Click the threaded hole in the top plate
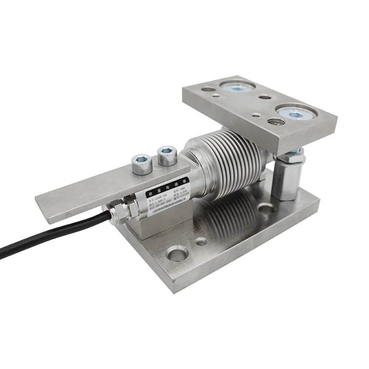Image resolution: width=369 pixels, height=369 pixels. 276,122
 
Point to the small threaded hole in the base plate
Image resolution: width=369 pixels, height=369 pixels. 201,241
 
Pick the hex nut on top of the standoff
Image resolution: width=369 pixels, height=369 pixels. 292,156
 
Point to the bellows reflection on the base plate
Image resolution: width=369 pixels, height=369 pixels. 226,217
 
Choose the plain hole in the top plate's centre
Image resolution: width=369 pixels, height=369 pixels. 265,97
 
